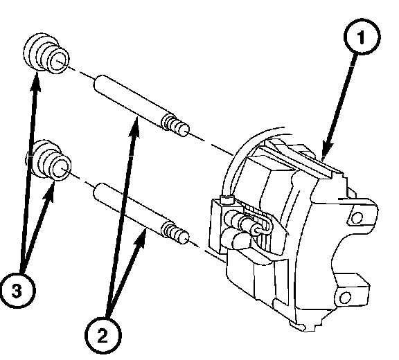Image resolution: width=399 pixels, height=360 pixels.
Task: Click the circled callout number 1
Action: pyautogui.click(x=362, y=36)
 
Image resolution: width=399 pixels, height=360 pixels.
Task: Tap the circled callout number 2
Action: pyautogui.click(x=103, y=335)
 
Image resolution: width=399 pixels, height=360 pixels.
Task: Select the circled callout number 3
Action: pyautogui.click(x=17, y=290)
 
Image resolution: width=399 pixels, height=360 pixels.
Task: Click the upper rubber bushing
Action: pyautogui.click(x=46, y=53)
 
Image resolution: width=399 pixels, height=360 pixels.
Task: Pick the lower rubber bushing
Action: pyautogui.click(x=48, y=161)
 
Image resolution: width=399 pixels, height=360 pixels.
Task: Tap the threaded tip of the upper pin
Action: pyautogui.click(x=176, y=125)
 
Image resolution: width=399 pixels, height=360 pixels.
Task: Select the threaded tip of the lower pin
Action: pyautogui.click(x=176, y=233)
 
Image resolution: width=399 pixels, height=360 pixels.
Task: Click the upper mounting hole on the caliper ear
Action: pyautogui.click(x=357, y=217)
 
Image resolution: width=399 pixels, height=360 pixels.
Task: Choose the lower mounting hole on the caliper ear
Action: pyautogui.click(x=344, y=297)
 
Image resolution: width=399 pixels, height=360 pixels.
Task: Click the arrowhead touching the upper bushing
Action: pyautogui.click(x=35, y=82)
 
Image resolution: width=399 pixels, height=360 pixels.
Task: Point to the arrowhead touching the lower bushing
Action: pyautogui.click(x=51, y=191)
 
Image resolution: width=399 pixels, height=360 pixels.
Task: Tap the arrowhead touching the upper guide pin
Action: pyautogui.click(x=135, y=127)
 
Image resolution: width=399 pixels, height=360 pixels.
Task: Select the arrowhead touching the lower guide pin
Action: pyautogui.click(x=141, y=238)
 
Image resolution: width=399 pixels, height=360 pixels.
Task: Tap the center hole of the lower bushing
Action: pyautogui.click(x=60, y=168)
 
